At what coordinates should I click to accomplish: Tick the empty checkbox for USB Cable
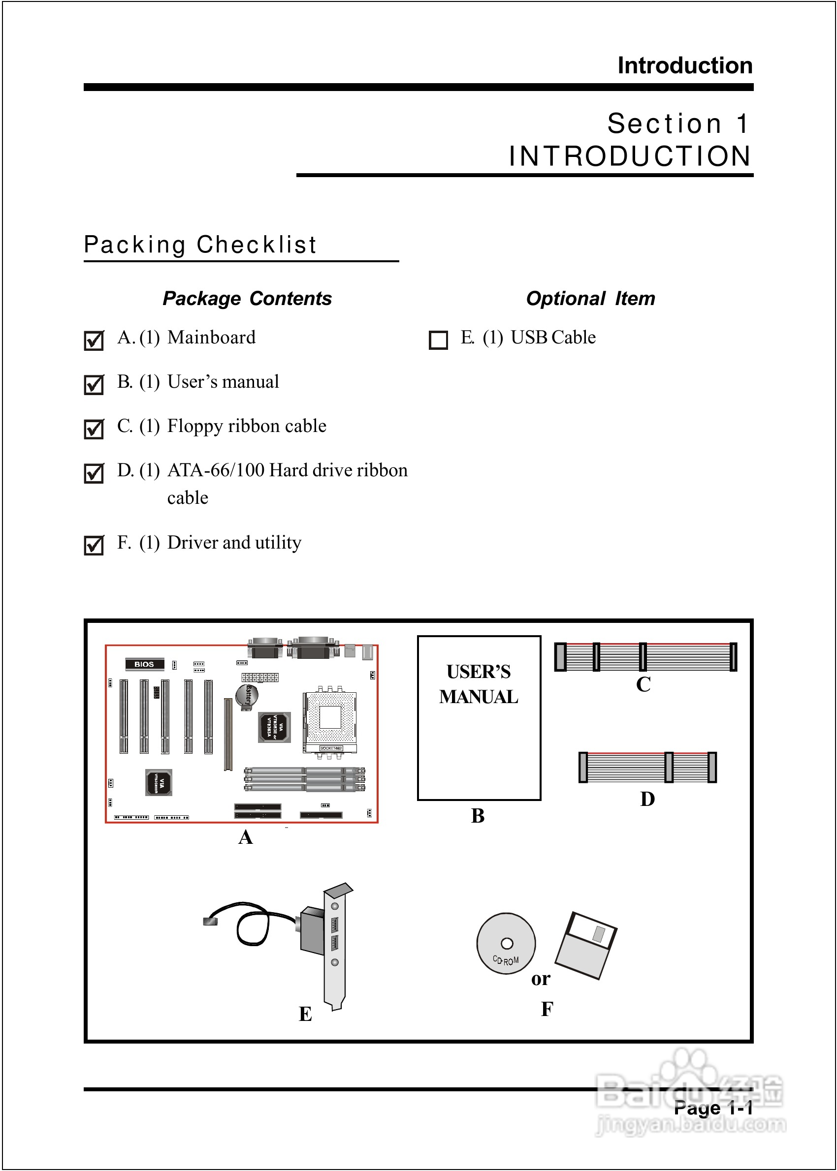point(438,340)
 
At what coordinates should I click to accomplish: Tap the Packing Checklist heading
point(200,245)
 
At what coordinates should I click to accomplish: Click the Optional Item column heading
point(590,299)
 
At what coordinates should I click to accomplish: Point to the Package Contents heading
point(247,299)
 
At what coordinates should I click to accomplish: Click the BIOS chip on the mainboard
point(144,664)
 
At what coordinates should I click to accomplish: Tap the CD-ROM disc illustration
point(506,943)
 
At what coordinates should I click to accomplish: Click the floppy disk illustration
point(586,946)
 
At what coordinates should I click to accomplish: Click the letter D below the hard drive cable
point(647,799)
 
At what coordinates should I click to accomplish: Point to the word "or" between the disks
point(541,979)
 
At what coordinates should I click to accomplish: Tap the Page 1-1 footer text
point(713,1108)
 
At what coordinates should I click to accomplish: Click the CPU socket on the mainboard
point(330,718)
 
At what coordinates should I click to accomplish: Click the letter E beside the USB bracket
point(305,1014)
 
